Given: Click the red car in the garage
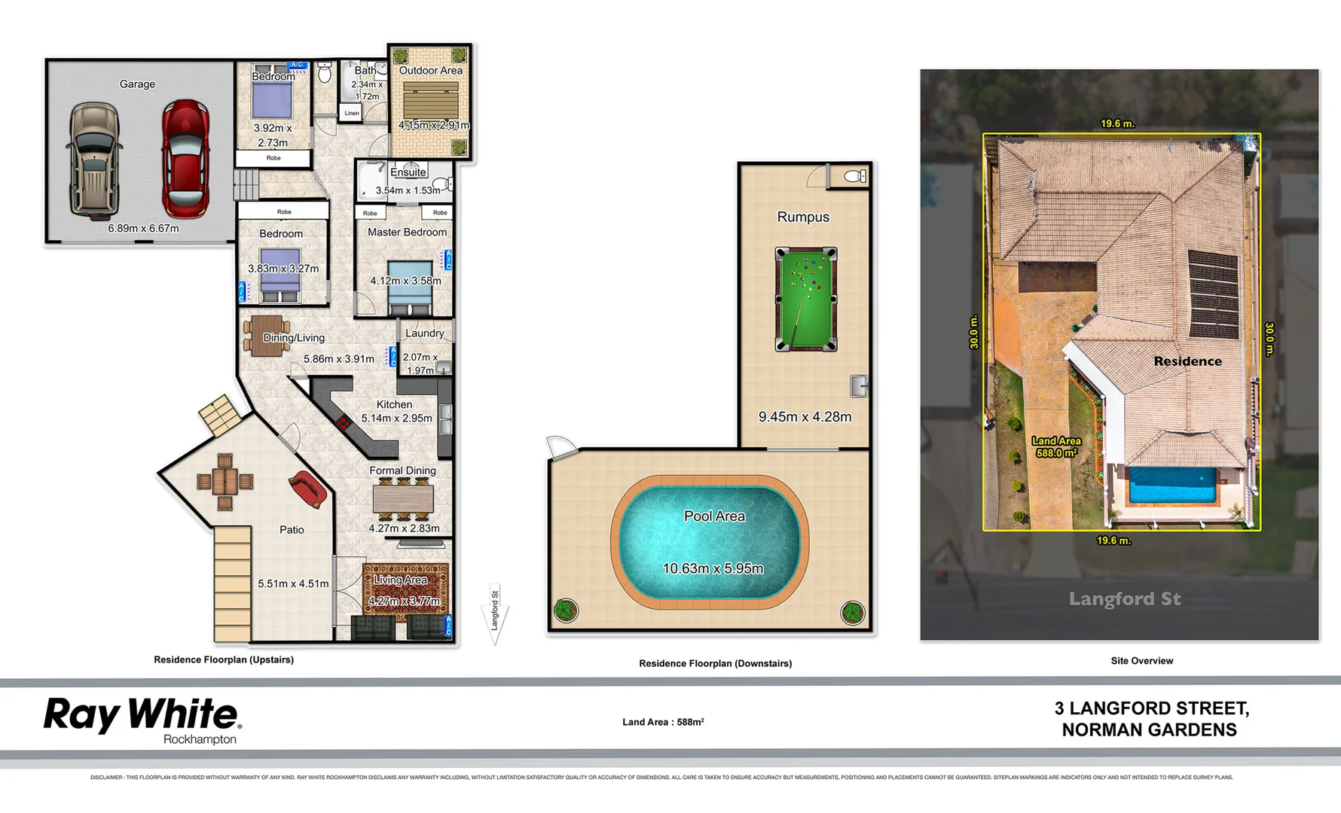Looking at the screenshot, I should [x=185, y=158].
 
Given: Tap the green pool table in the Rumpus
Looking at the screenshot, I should [x=806, y=299].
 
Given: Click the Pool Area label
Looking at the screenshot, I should [x=714, y=516].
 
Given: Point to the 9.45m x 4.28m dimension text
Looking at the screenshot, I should [x=805, y=417].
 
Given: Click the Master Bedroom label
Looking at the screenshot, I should [x=407, y=233].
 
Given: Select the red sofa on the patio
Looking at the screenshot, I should [x=307, y=489].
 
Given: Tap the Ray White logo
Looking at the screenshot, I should [x=142, y=715].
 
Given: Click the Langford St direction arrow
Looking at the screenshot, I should [x=495, y=615].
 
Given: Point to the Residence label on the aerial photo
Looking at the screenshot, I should [x=1187, y=361].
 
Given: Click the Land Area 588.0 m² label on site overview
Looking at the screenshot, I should [x=1056, y=447].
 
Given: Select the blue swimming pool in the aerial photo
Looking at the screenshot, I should [x=1171, y=486].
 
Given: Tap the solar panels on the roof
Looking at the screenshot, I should [x=1213, y=294].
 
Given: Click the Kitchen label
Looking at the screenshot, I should [x=394, y=404].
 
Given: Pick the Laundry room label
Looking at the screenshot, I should [x=424, y=333].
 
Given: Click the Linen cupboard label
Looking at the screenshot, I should [x=352, y=113].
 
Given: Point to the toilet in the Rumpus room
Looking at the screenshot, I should [x=854, y=176].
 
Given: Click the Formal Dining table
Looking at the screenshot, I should [x=403, y=499].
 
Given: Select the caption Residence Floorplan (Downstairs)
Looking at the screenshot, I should [x=715, y=663].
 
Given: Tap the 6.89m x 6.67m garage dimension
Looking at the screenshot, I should [x=143, y=228].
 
